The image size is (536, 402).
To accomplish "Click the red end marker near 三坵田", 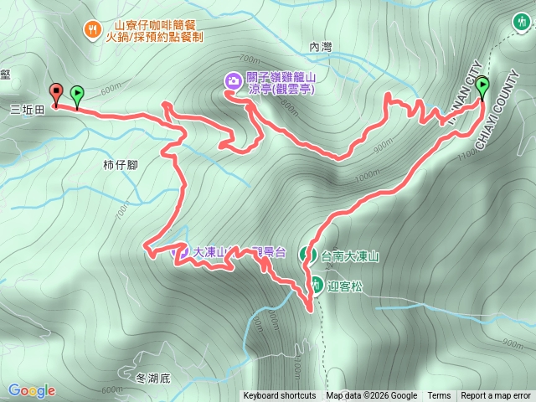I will [x=56, y=94].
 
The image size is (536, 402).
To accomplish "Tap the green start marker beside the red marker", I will [x=77, y=95].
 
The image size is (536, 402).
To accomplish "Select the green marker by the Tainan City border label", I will [x=483, y=86].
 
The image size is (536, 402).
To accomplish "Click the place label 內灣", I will [x=321, y=48].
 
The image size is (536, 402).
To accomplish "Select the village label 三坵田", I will [x=27, y=109].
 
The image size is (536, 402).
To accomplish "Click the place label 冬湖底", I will [x=152, y=378].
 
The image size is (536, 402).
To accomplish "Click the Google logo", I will [x=31, y=390].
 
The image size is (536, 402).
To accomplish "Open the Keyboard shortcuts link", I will [x=280, y=396].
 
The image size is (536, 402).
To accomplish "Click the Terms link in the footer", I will [x=439, y=396].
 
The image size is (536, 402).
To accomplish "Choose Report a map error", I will [x=496, y=396].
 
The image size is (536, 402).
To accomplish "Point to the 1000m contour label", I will [x=367, y=178].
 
